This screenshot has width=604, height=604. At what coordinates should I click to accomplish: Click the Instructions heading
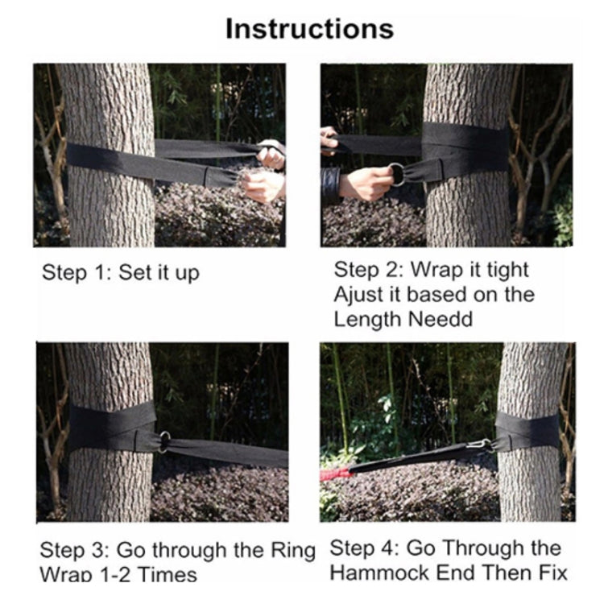[309, 29]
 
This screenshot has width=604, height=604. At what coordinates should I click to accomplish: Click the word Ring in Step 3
[289, 551]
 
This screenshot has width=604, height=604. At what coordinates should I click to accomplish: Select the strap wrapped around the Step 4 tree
[527, 431]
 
